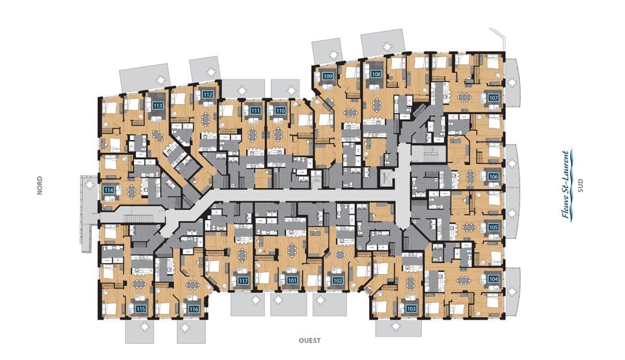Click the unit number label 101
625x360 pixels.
coord(292,281)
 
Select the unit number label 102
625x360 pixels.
coord(338,281)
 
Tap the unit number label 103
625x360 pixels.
coord(411,308)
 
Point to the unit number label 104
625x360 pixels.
coord(493,279)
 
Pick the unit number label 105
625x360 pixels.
coord(493,227)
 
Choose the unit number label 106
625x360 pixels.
coord(493,176)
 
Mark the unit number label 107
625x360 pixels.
coord(493,98)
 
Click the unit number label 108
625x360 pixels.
coord(376,74)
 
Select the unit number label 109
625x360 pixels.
coord(327,76)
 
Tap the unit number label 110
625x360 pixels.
coord(281,111)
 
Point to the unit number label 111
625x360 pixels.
coord(256,111)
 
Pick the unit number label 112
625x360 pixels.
coord(208,94)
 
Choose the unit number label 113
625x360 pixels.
coord(158,105)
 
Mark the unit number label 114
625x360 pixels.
coord(109,190)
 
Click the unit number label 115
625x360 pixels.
coord(141,309)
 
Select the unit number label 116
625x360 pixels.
coord(194,309)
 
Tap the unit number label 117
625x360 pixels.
coord(243,281)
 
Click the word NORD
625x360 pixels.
coord(40,186)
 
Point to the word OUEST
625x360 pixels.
coord(310,340)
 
